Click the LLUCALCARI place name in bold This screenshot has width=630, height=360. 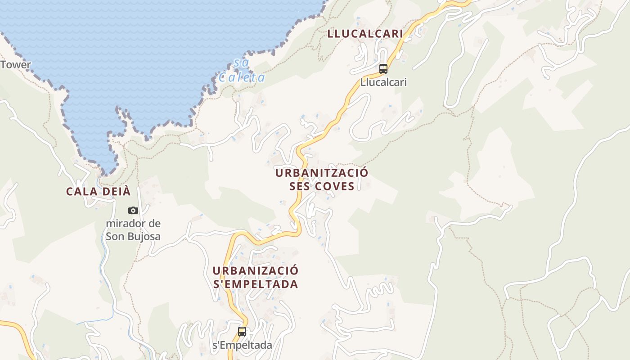(365, 34)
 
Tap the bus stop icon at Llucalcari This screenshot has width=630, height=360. (383, 69)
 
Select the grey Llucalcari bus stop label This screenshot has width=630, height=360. (383, 82)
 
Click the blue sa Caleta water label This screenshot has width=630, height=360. (242, 71)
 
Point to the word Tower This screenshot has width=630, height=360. (16, 64)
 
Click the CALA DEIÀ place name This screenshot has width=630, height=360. (98, 191)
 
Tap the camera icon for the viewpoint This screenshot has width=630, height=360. (133, 210)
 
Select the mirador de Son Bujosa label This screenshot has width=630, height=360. (133, 229)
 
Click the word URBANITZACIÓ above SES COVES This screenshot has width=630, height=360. (321, 173)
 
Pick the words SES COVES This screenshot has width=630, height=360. (321, 186)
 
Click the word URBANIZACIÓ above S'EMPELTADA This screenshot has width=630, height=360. (255, 270)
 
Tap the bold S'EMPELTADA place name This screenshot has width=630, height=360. (255, 284)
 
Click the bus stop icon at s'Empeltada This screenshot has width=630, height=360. (242, 332)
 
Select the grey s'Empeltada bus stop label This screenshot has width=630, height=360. (242, 345)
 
